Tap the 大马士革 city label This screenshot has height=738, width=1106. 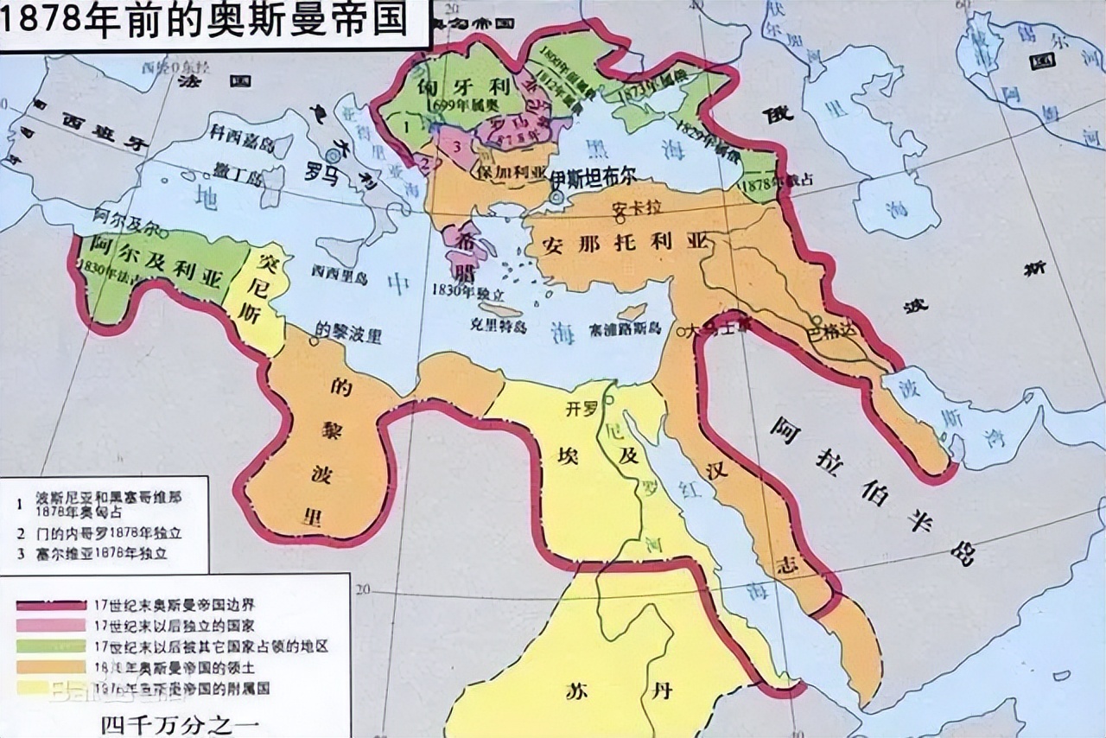pos(716,328)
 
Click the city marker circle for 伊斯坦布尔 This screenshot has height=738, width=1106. pos(557,198)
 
